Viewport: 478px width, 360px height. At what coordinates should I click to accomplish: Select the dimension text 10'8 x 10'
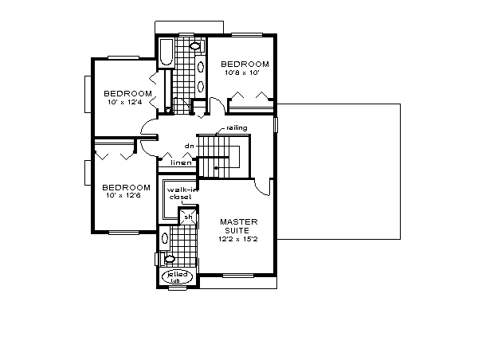pos(245,72)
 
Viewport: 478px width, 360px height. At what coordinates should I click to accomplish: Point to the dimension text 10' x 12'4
pos(125,102)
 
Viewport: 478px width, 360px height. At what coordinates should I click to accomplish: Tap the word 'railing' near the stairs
pos(237,128)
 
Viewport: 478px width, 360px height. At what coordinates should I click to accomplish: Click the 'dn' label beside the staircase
pos(190,146)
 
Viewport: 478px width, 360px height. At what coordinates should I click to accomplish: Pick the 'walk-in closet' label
pos(178,194)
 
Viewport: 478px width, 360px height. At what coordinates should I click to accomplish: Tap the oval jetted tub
pos(175,276)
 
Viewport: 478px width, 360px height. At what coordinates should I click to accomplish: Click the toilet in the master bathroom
pos(169,258)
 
